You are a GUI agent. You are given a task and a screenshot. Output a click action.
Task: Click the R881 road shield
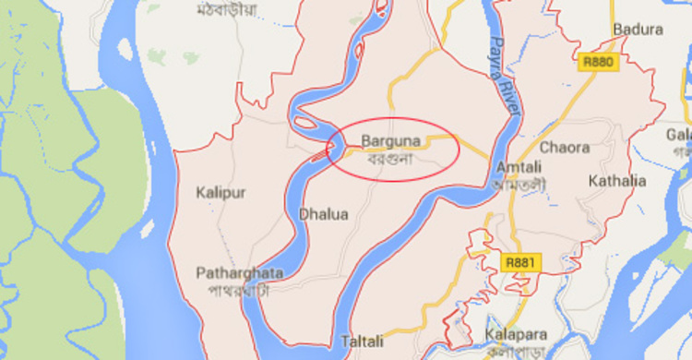point(520,263)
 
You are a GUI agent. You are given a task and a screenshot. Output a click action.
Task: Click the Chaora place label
point(565,148)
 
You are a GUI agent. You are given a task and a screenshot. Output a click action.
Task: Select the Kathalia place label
point(617,180)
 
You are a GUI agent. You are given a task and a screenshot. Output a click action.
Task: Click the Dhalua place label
point(324,214)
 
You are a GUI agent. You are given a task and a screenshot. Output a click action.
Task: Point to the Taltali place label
point(362,341)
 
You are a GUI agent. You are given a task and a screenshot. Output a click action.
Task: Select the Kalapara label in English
point(514,332)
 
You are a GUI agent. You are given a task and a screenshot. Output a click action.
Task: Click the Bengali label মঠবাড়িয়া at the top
point(227,10)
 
